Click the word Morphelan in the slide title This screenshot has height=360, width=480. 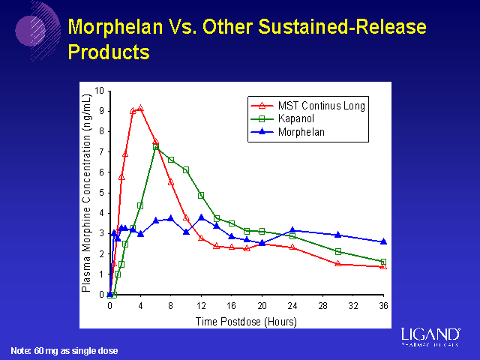(115, 28)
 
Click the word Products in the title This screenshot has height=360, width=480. (109, 52)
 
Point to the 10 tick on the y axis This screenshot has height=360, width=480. (100, 91)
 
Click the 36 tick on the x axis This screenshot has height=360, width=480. (383, 306)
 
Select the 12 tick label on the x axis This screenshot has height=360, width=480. (201, 306)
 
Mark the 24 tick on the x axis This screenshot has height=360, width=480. (292, 306)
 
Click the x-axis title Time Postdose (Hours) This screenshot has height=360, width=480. (246, 321)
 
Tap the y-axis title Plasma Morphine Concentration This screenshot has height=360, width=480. (87, 192)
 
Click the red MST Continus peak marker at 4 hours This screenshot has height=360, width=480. (140, 108)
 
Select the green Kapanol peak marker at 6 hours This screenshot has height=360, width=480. (156, 147)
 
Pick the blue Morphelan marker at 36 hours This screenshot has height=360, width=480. (383, 241)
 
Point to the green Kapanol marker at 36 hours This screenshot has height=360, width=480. (383, 262)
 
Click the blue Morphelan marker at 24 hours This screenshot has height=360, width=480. (292, 230)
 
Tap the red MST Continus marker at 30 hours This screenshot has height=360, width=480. (338, 264)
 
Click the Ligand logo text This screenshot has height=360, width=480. (430, 334)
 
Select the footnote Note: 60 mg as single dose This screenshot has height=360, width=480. (64, 351)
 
